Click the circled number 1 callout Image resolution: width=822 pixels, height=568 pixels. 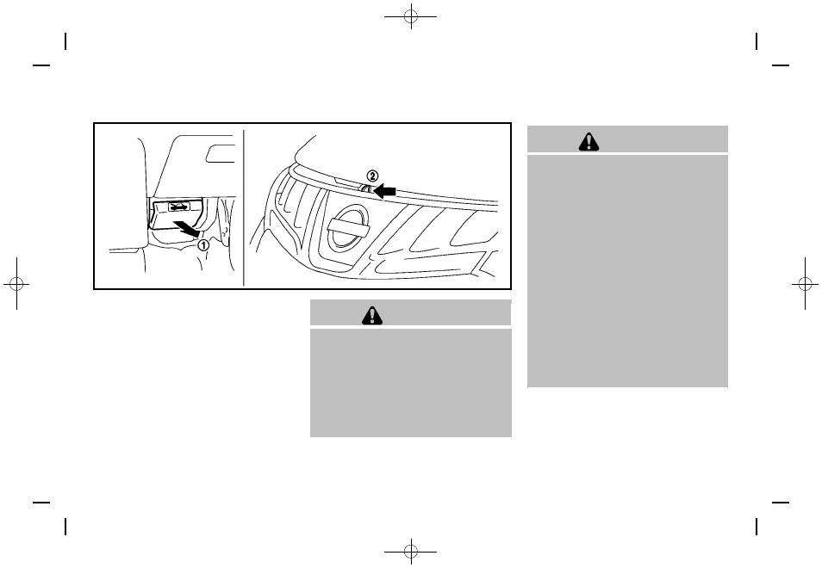tap(203, 244)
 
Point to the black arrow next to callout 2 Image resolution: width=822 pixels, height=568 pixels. tap(389, 191)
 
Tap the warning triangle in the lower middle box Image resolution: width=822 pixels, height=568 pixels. tap(372, 316)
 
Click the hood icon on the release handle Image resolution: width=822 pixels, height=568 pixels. tap(178, 207)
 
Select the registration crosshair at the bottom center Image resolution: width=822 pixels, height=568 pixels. tap(411, 549)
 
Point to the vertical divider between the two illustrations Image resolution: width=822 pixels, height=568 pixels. tap(245, 207)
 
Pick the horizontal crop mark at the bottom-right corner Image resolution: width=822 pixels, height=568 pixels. tap(781, 503)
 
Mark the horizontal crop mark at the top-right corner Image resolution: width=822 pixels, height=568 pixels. tap(781, 65)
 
